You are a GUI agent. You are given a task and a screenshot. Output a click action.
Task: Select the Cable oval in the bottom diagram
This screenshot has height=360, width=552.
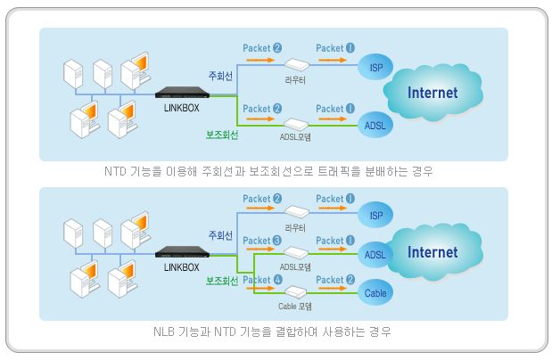375,290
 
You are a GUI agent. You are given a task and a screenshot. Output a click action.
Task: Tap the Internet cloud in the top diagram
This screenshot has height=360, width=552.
433,93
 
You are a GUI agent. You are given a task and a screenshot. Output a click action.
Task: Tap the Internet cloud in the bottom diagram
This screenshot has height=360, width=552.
433,252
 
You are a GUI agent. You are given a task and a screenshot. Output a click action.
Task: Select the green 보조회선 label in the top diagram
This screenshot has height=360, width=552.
221,136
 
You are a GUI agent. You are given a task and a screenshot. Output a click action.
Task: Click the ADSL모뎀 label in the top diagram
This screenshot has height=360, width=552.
295,137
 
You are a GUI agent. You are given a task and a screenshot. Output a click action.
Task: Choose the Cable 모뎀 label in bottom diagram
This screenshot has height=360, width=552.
295,305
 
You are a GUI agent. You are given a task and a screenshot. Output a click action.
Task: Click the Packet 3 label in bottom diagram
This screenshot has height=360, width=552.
262,241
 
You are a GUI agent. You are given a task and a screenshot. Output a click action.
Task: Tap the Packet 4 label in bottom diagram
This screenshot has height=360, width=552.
262,281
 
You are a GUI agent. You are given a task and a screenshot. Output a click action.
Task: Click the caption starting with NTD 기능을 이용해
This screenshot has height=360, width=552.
272,170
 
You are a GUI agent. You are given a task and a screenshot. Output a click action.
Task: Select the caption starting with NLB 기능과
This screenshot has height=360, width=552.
272,331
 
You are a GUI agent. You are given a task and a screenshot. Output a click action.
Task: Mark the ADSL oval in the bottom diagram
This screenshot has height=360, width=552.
375,256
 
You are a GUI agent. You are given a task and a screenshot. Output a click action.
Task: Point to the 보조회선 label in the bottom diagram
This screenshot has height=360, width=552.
221,281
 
